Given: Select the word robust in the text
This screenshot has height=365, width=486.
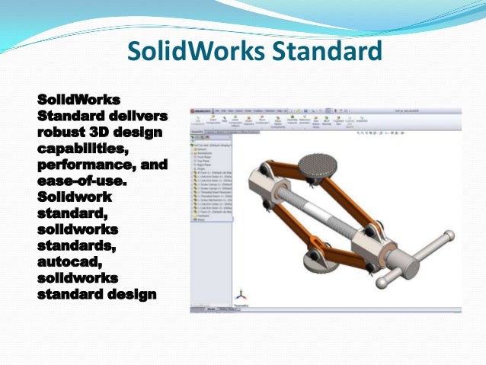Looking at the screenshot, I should click(x=62, y=130).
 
